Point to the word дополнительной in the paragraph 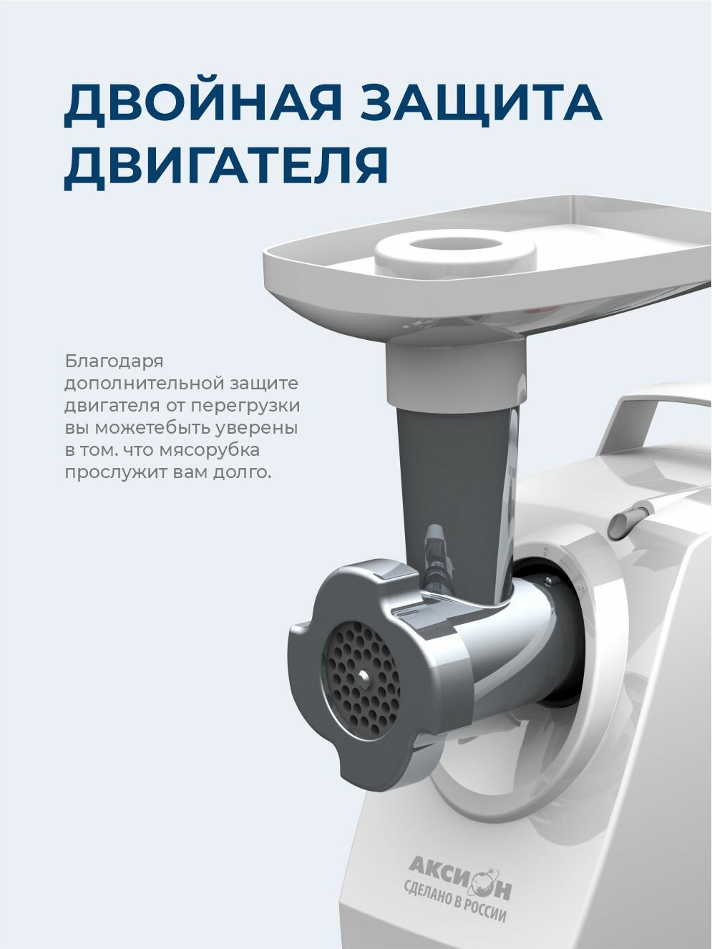click(145, 384)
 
